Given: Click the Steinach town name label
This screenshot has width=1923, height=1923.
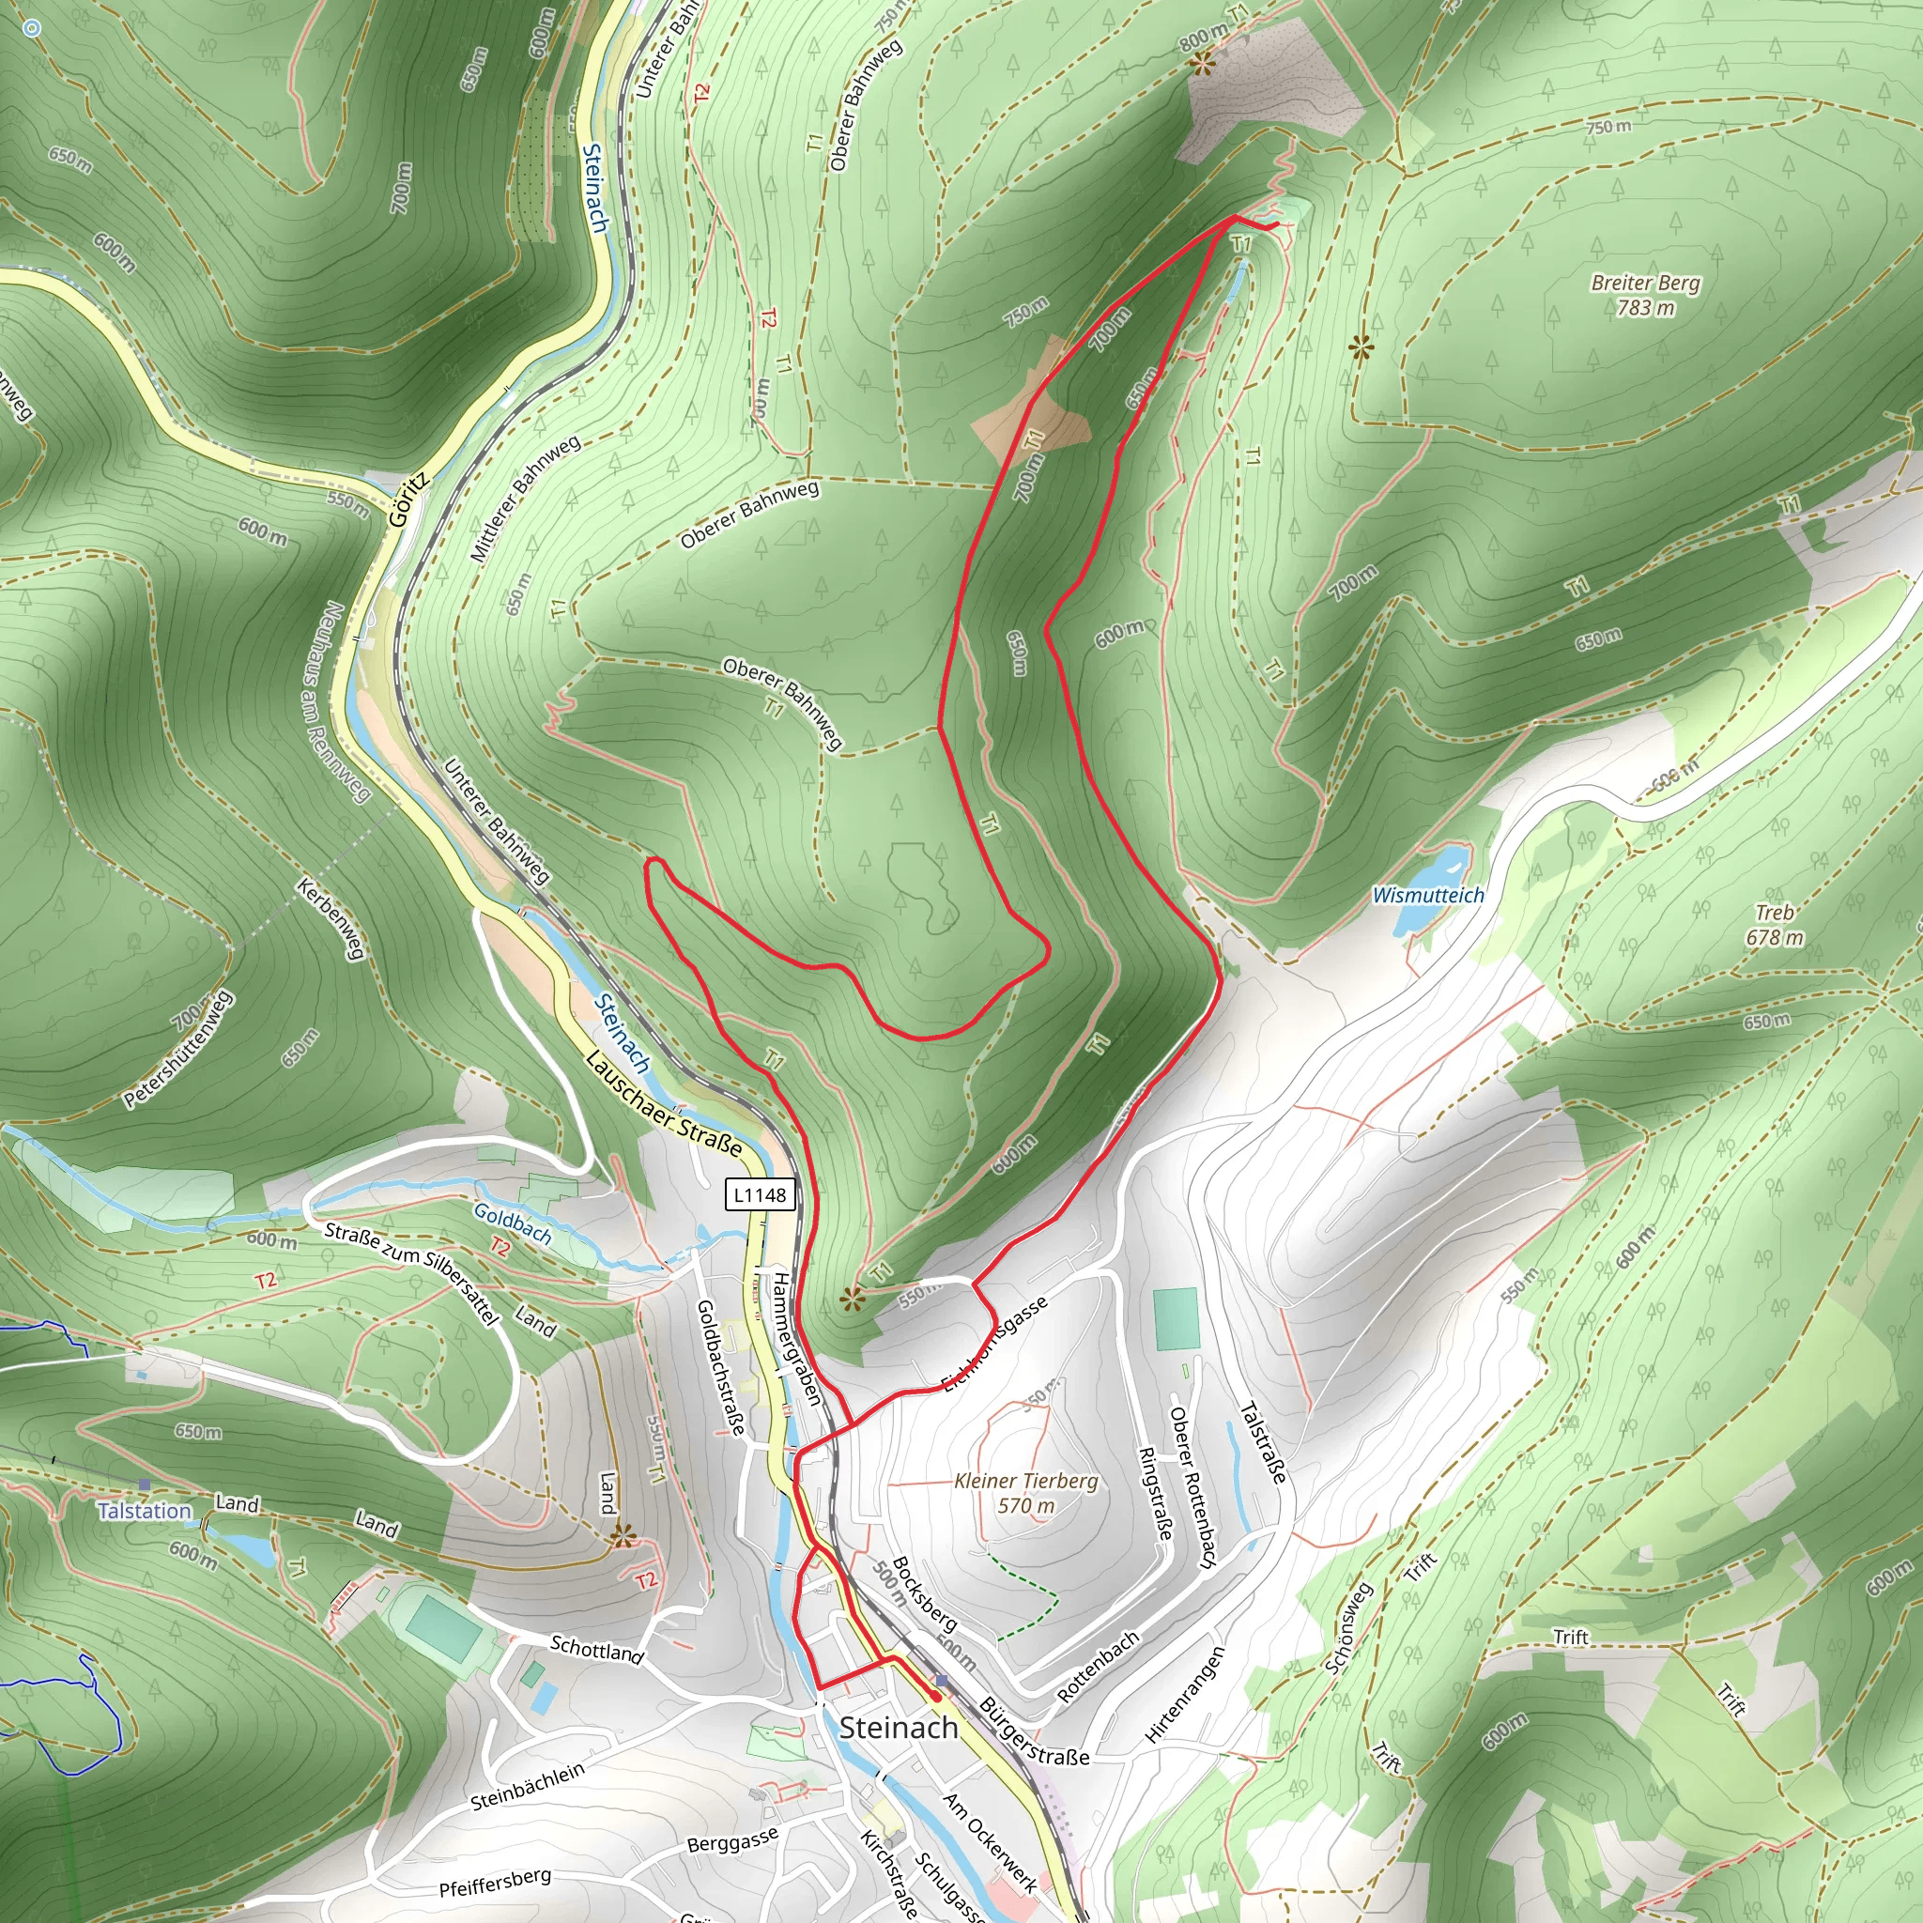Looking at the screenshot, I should (x=898, y=1728).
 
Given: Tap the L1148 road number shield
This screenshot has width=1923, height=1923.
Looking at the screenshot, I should (x=761, y=1194).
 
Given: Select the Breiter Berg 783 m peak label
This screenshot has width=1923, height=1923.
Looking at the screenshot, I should (x=1645, y=295).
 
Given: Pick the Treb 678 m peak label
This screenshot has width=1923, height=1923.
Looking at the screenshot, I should (x=1774, y=925).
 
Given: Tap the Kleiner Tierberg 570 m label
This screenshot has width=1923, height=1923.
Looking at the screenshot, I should (x=1026, y=1493).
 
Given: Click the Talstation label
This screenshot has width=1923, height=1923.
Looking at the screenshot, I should (x=145, y=1511).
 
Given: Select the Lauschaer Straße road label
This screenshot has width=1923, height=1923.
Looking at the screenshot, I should (x=663, y=1104).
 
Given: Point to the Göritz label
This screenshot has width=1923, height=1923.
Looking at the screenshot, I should (x=408, y=499).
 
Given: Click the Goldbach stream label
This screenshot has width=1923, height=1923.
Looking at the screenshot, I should (x=513, y=1223).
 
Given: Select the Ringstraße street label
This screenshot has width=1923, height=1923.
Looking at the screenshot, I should (x=1154, y=1493).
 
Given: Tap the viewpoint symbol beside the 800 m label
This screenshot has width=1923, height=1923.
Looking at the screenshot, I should (x=1203, y=65).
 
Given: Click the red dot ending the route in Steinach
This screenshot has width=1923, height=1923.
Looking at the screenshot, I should (x=935, y=1695).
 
